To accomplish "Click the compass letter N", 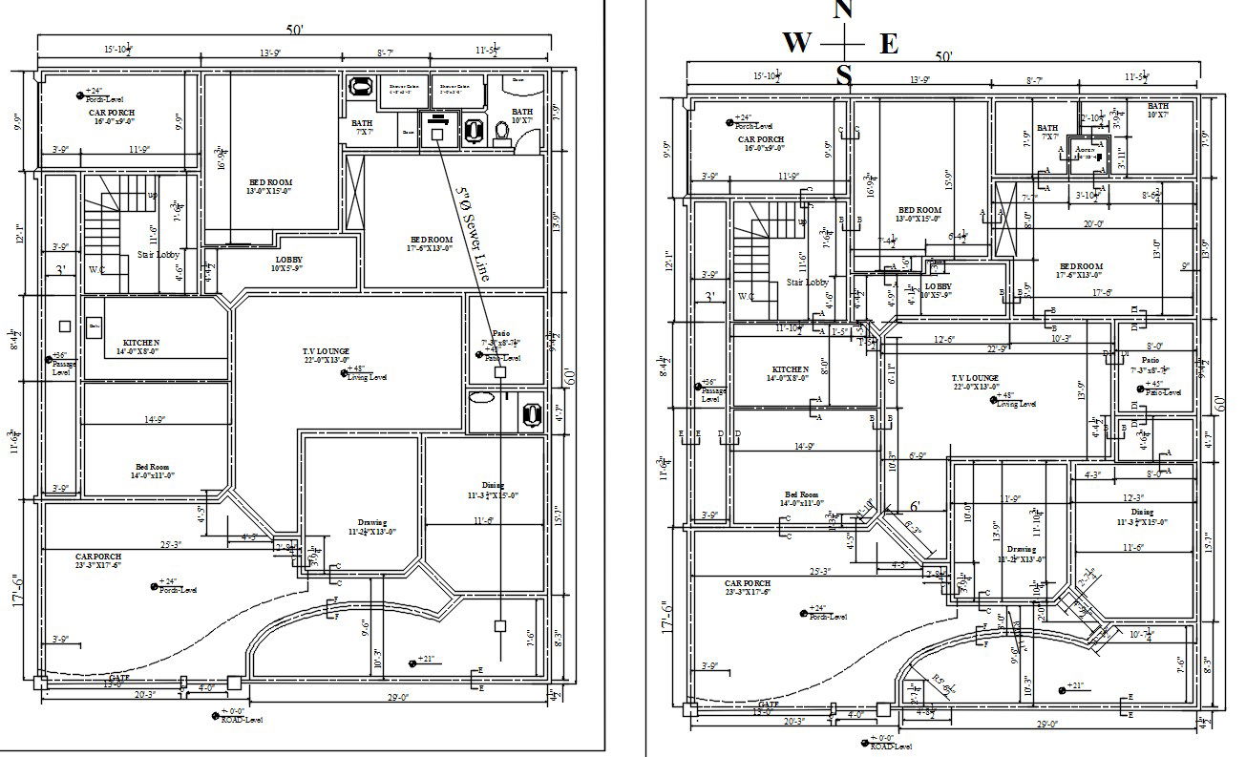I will [x=843, y=10].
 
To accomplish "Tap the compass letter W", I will [x=797, y=43].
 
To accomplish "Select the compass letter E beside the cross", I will [x=888, y=44].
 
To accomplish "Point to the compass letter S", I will [x=843, y=75].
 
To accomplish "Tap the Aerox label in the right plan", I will [x=1084, y=150].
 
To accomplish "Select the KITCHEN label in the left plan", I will [x=141, y=343].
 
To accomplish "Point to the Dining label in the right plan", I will [x=1143, y=513].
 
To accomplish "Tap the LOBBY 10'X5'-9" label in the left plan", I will [x=288, y=260].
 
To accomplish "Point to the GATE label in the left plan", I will [x=119, y=676].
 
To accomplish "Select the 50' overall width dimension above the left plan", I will [x=294, y=30].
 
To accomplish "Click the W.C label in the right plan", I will [x=747, y=296].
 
